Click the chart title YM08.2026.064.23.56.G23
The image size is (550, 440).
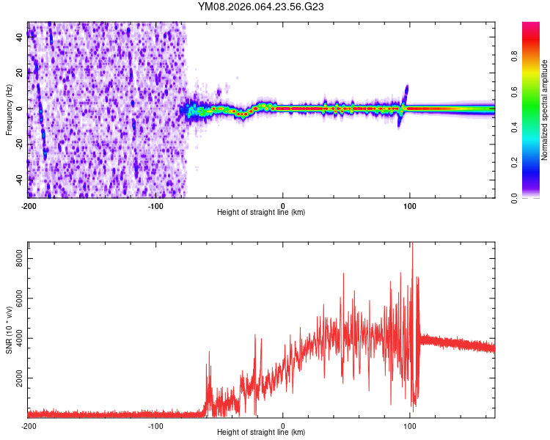pos(261,7)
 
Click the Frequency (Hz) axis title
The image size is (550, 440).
pos(9,110)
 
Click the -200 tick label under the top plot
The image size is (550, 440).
pos(28,205)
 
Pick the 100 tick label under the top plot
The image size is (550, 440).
pos(411,205)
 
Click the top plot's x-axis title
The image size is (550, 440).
pos(261,213)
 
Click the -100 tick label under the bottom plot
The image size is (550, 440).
pos(155,425)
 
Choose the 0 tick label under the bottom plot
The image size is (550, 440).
pos(283,425)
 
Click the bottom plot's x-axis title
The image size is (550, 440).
pos(261,433)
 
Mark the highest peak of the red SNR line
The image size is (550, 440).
pos(411,244)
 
